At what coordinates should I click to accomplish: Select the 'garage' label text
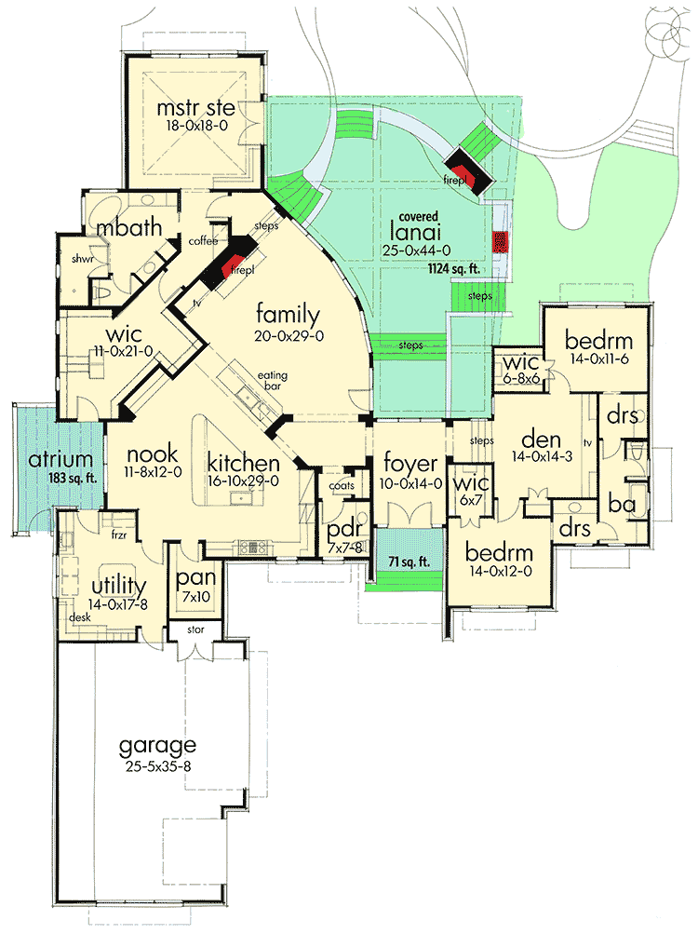(x=157, y=745)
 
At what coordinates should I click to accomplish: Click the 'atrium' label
(x=60, y=459)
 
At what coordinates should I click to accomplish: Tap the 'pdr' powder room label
(x=337, y=530)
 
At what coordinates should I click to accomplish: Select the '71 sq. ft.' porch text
(x=406, y=562)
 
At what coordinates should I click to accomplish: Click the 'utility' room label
(x=118, y=586)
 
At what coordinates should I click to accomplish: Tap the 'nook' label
(x=145, y=455)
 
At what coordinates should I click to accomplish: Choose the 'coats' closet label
(x=342, y=485)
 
